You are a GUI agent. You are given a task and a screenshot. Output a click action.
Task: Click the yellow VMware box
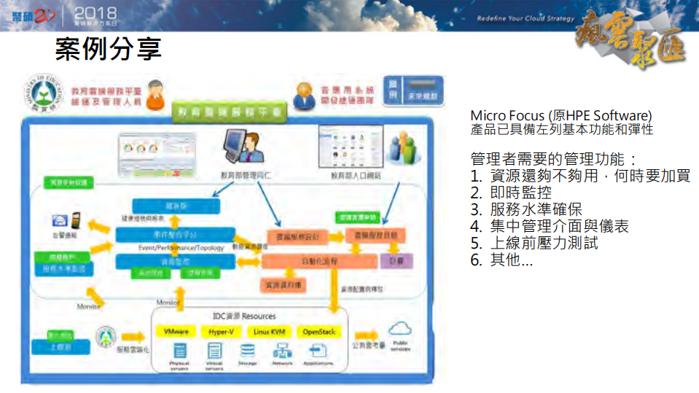pyautogui.click(x=176, y=331)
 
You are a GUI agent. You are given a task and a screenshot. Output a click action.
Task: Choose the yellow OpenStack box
pyautogui.click(x=318, y=331)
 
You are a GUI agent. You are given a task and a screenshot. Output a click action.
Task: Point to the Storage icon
pyautogui.click(x=246, y=352)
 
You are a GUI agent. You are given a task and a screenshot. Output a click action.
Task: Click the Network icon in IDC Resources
pyautogui.click(x=282, y=351)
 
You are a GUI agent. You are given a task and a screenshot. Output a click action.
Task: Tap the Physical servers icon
pyautogui.click(x=179, y=352)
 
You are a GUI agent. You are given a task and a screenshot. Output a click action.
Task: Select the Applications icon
pyautogui.click(x=318, y=351)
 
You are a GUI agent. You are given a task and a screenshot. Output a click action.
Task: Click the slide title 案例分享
pyautogui.click(x=108, y=50)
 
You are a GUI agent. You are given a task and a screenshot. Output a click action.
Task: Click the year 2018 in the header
pyautogui.click(x=95, y=12)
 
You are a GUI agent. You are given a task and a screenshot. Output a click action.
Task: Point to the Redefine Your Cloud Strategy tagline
pyautogui.click(x=526, y=18)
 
